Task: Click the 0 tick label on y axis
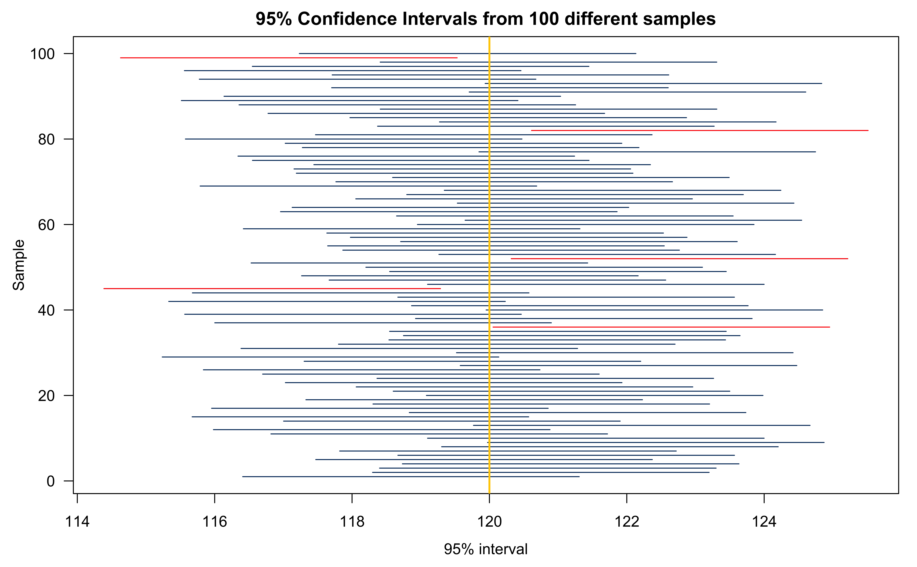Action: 51,481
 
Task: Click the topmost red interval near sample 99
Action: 289,58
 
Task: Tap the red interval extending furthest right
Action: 699,130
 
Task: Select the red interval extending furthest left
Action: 272,288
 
